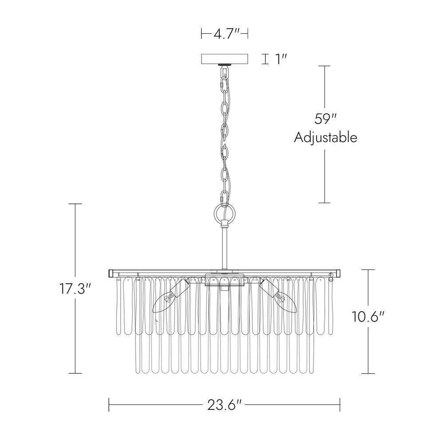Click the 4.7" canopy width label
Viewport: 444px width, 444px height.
pyautogui.click(x=227, y=34)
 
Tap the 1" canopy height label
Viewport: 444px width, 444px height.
pyautogui.click(x=281, y=59)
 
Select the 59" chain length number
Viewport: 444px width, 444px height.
pyautogui.click(x=325, y=119)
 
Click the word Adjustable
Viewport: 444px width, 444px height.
pyautogui.click(x=325, y=138)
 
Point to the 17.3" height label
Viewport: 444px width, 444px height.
pyautogui.click(x=75, y=289)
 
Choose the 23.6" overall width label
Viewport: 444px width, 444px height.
pyautogui.click(x=224, y=405)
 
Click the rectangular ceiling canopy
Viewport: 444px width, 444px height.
pyautogui.click(x=225, y=59)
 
